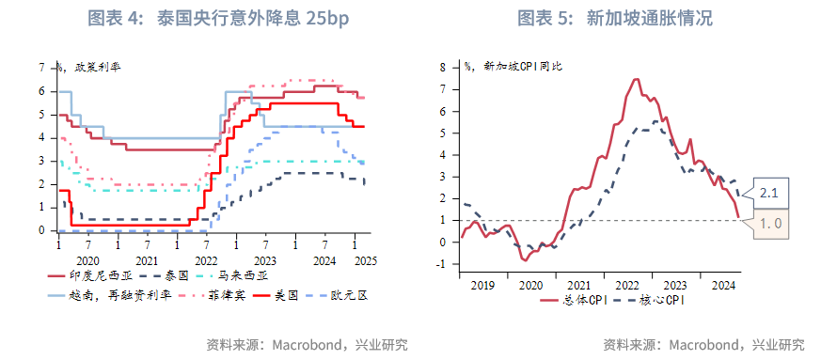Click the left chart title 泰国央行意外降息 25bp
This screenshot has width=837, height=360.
(x=209, y=18)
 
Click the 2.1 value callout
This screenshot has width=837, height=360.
(x=766, y=193)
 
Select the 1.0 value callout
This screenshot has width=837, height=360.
(x=766, y=224)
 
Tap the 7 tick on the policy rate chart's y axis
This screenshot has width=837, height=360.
(x=41, y=68)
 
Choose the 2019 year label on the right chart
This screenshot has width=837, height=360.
(x=482, y=284)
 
